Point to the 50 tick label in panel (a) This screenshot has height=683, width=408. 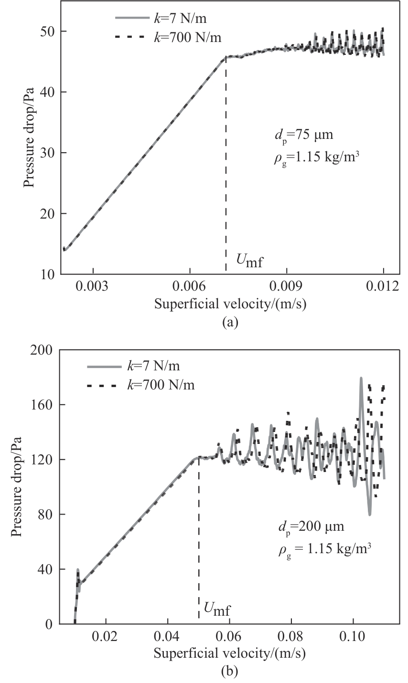coord(48,32)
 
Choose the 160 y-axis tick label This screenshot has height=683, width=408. coord(43,405)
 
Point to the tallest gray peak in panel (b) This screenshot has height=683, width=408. coord(361,378)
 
